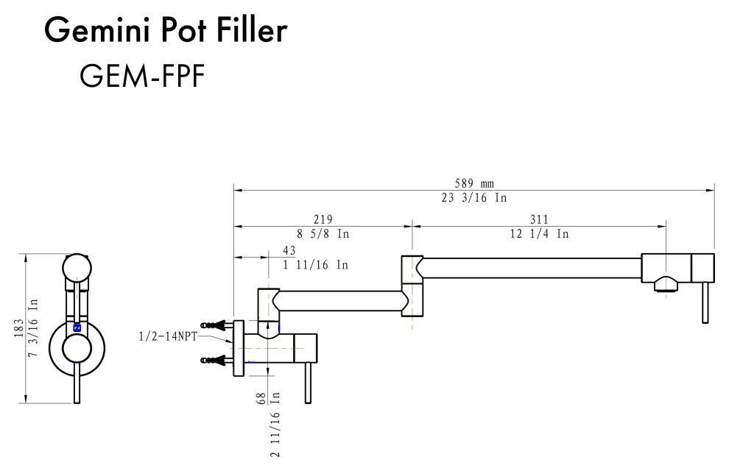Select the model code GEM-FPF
(x=142, y=76)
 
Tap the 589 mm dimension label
(x=473, y=183)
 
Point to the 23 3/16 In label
(x=473, y=198)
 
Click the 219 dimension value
(x=323, y=219)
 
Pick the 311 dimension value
(x=539, y=219)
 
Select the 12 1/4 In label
(x=539, y=233)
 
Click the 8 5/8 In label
(x=323, y=233)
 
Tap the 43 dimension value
(x=289, y=250)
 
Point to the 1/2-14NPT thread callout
(x=168, y=336)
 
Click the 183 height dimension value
(x=19, y=328)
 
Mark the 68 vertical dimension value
(x=261, y=399)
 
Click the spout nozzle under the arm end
(x=666, y=284)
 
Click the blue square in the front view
(x=77, y=327)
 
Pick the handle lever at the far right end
(x=705, y=302)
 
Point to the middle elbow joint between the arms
(x=412, y=286)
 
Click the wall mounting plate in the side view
(x=239, y=348)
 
